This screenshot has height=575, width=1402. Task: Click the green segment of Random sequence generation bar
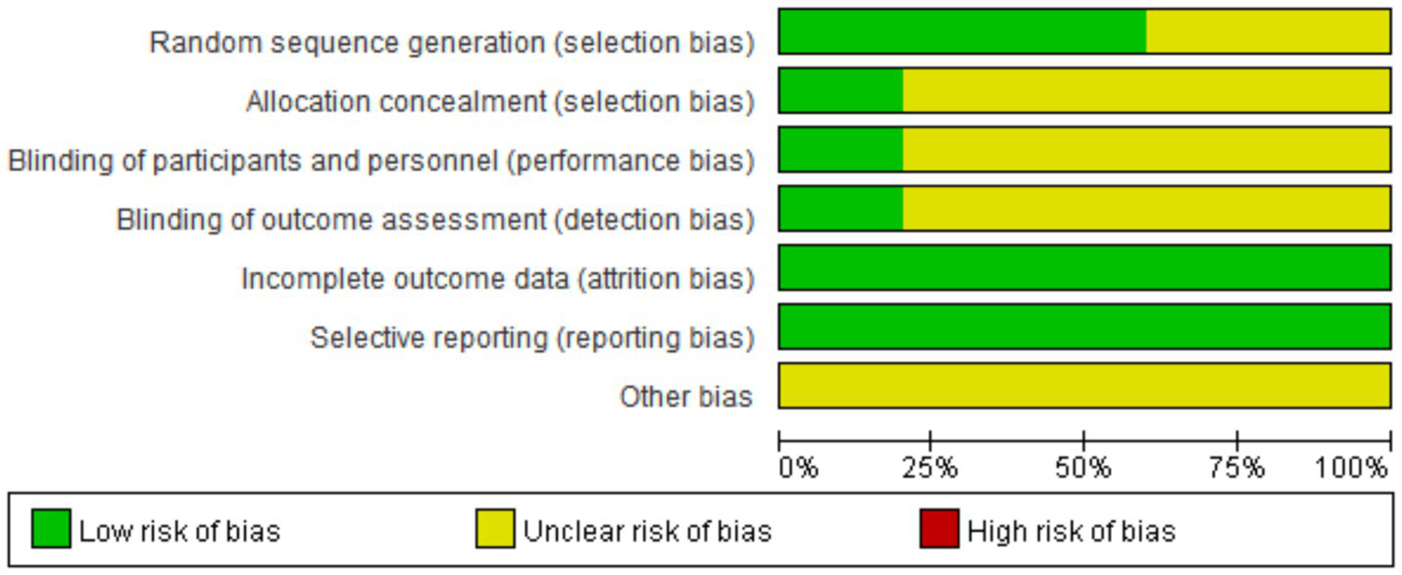963,31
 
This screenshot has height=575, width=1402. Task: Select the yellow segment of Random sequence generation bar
1268,31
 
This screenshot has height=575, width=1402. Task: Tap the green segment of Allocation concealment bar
841,91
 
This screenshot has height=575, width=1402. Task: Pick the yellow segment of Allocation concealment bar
1146,91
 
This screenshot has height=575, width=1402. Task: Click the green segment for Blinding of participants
841,150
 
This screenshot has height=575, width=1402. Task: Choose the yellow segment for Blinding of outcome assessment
1146,209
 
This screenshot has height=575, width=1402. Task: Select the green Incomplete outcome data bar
1084,267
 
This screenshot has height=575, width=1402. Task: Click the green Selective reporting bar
1084,326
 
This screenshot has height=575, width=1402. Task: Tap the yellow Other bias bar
1084,385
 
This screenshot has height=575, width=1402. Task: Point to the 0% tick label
798,468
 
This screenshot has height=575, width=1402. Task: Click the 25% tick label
929,468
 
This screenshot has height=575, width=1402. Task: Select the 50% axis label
1082,468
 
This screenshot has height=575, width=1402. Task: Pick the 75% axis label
1236,468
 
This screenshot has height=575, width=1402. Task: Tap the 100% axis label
1351,468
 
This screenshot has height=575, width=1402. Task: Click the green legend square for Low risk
51,529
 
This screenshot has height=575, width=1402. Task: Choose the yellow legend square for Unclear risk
495,529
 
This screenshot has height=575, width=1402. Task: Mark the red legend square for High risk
939,529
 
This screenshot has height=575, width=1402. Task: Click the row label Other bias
686,397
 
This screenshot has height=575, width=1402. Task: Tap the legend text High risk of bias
1072,531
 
